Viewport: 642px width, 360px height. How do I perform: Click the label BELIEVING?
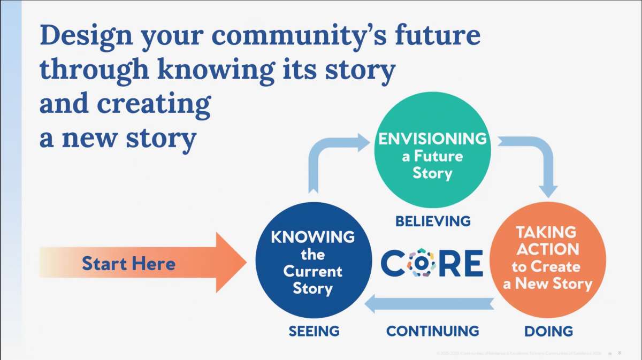[x=433, y=220]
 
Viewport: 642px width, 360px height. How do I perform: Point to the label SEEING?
[x=314, y=331]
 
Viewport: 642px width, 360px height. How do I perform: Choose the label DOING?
[x=548, y=331]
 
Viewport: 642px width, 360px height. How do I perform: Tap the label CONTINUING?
[x=432, y=331]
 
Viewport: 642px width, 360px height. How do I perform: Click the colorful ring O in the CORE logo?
[x=421, y=263]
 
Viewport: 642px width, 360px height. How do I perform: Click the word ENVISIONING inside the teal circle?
[x=432, y=139]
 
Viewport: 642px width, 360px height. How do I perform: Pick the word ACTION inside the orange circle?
[x=547, y=249]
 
